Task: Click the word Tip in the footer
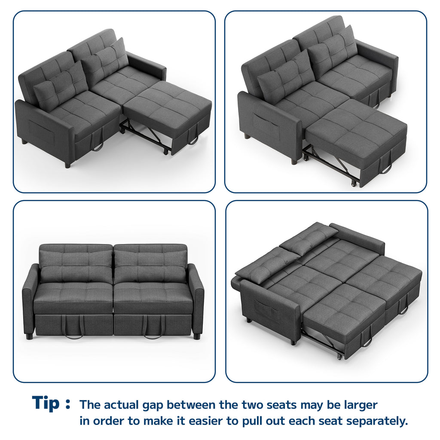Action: (x=46, y=403)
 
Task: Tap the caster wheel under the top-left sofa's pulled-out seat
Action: (x=166, y=153)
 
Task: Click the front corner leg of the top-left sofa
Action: (x=67, y=165)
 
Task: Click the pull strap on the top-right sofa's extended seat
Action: (x=385, y=165)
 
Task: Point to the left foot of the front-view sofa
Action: (x=29, y=336)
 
